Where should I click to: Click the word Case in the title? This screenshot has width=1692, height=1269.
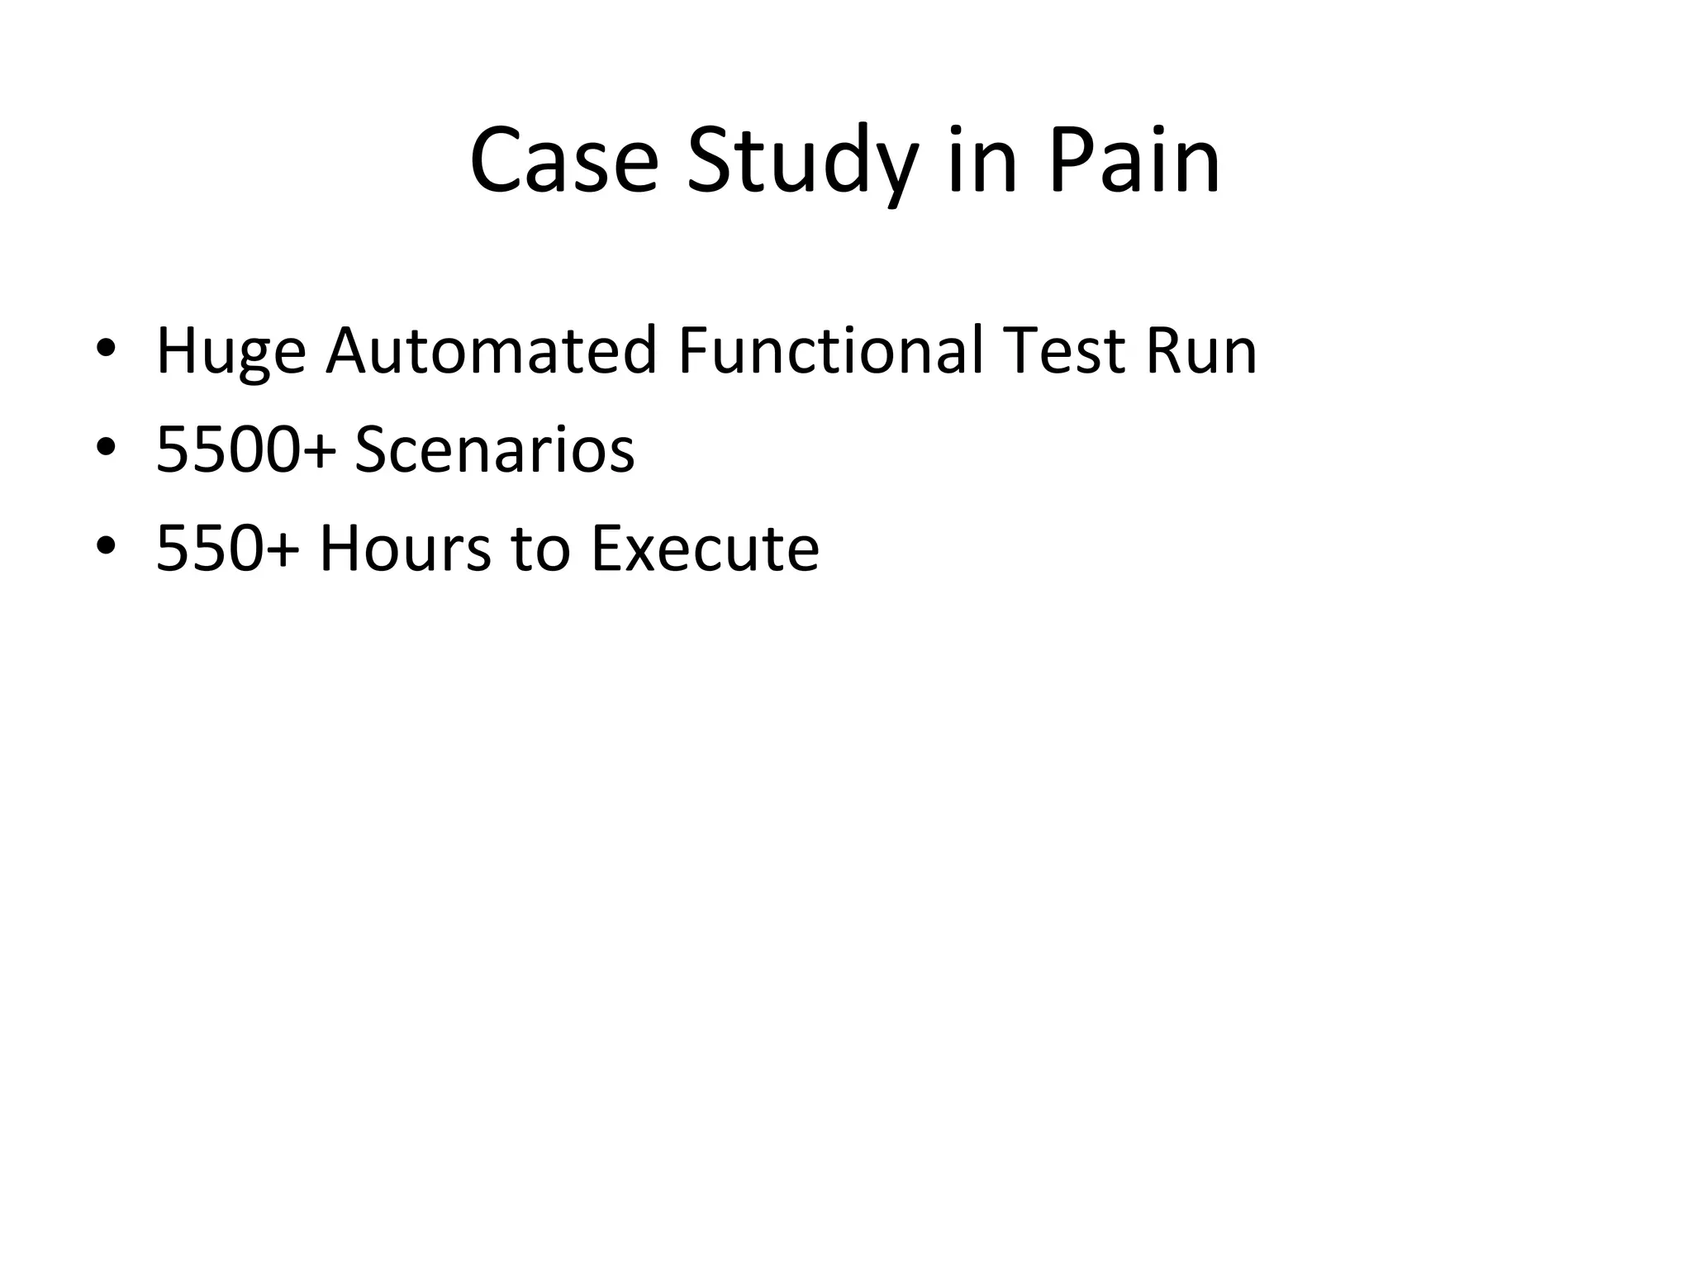pos(563,160)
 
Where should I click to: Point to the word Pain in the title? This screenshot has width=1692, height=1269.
pos(1134,160)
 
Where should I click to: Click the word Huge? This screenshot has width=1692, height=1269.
pos(231,352)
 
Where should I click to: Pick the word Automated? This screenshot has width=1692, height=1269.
pos(492,350)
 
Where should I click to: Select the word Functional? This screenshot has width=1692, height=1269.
pos(831,350)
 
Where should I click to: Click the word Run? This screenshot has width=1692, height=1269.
pos(1200,350)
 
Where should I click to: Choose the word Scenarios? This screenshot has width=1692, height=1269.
pos(494,449)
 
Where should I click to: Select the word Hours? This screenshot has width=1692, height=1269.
pos(405,548)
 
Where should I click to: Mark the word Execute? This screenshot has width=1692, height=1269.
pos(705,548)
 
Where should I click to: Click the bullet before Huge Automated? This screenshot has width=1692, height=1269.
pos(105,349)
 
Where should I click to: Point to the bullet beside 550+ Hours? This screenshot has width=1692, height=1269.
pos(105,545)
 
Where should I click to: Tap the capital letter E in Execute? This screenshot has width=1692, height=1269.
pos(606,548)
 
